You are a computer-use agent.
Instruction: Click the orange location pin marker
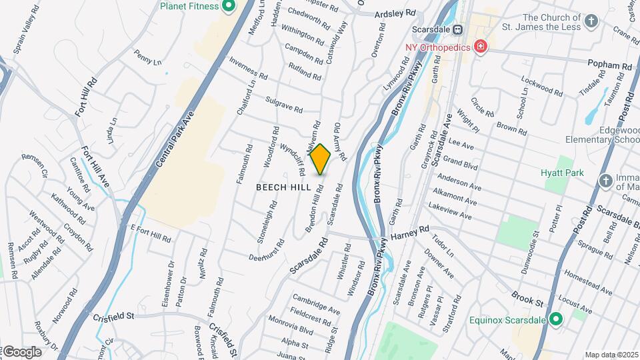[320, 159]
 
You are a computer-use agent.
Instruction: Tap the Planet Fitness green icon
[229, 7]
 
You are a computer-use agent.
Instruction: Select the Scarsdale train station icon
[458, 30]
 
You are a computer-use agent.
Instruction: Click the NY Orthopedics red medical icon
[479, 47]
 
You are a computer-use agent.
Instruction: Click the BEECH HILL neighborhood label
[283, 188]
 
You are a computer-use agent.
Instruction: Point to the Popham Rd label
[609, 65]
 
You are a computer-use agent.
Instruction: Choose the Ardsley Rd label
[395, 13]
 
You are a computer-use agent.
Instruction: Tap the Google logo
[22, 351]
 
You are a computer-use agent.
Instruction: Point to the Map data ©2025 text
[611, 355]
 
